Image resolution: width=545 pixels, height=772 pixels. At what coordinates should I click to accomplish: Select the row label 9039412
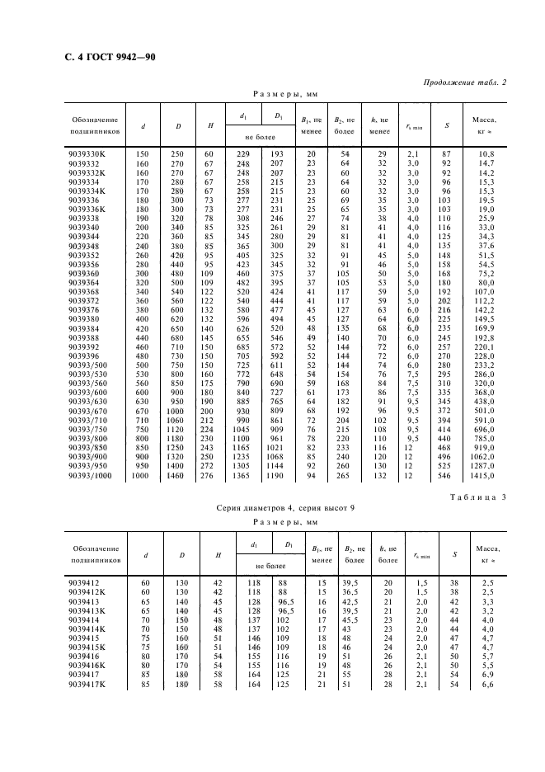click(x=87, y=584)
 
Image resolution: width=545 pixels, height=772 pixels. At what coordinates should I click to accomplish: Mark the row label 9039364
click(x=87, y=282)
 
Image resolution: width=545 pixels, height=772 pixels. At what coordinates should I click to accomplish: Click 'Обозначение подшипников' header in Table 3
click(x=96, y=553)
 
